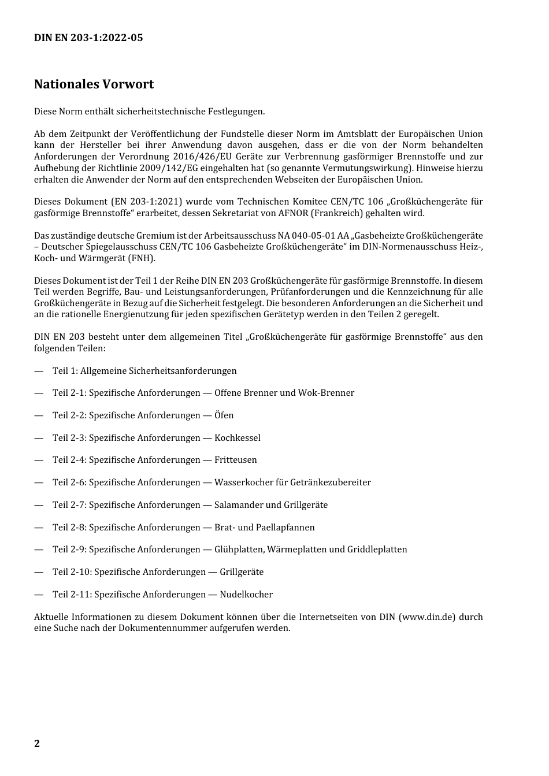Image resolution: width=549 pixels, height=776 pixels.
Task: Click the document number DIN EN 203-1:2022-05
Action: pyautogui.click(x=88, y=38)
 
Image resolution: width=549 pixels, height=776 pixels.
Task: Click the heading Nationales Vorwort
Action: pyautogui.click(x=94, y=84)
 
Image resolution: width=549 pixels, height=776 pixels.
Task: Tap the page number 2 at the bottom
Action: pyautogui.click(x=37, y=744)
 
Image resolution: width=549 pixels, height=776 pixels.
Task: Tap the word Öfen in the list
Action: pyautogui.click(x=224, y=415)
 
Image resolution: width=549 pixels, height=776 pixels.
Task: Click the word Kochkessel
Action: pyautogui.click(x=238, y=438)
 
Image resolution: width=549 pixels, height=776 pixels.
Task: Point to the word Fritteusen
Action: pyautogui.click(x=236, y=460)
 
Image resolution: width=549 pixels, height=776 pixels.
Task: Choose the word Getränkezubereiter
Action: pyautogui.click(x=331, y=482)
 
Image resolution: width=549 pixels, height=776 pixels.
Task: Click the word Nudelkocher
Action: pyautogui.click(x=246, y=595)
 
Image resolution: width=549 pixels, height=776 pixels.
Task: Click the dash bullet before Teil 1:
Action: pyautogui.click(x=39, y=371)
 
